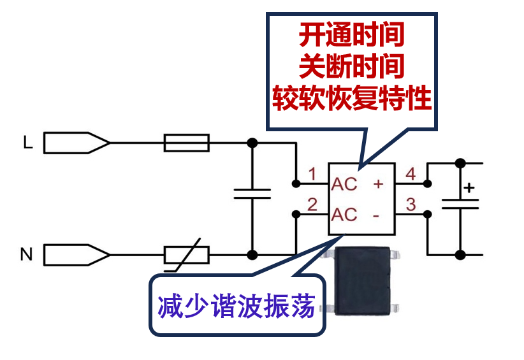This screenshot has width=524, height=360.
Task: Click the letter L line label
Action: [x=27, y=143]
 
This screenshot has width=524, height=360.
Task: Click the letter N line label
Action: [x=26, y=255]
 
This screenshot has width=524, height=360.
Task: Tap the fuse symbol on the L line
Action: [x=186, y=143]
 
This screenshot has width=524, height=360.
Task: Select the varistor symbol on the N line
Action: [x=186, y=255]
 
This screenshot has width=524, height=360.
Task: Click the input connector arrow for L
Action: [x=76, y=143]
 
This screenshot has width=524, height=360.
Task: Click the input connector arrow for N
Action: [x=76, y=255]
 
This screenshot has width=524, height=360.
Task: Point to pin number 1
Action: [x=312, y=173]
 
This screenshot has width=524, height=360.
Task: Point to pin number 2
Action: [x=312, y=205]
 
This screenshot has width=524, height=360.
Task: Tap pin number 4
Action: [x=411, y=173]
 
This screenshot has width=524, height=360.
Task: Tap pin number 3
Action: [x=411, y=205]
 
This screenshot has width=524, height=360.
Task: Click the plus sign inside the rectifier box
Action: [x=377, y=184]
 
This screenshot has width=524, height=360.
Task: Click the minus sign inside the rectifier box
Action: [x=376, y=215]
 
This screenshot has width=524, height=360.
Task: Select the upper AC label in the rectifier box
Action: [x=345, y=184]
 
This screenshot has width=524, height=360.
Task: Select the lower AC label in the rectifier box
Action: [x=345, y=215]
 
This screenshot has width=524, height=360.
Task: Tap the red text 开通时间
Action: [x=352, y=35]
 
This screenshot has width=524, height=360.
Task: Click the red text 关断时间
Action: [x=352, y=66]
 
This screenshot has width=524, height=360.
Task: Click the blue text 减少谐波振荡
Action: [x=237, y=306]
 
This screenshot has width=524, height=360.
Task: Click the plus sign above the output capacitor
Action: [x=469, y=188]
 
